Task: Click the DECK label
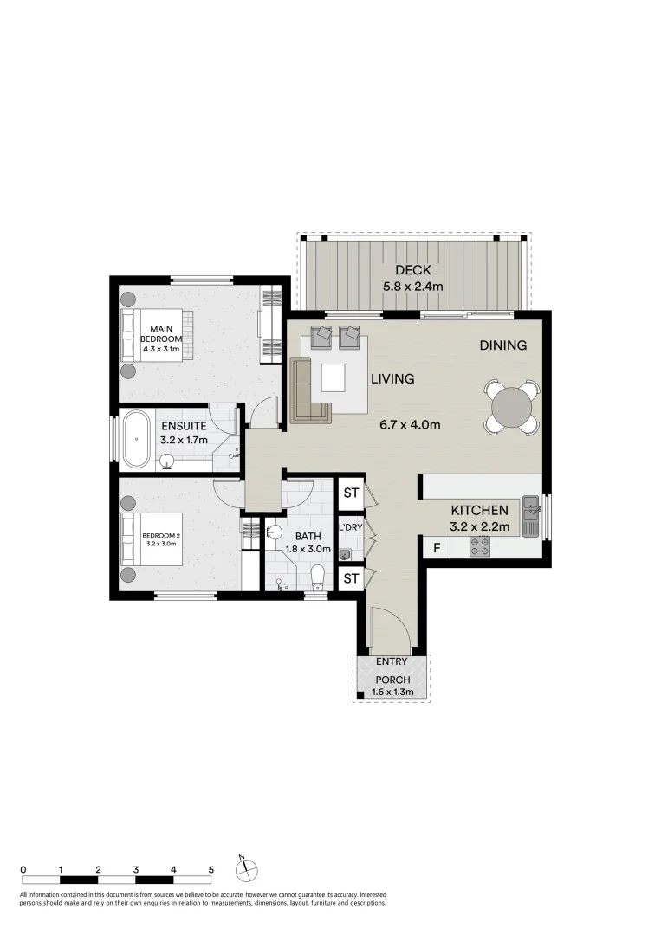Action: click(412, 271)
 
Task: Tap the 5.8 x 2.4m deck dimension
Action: click(412, 287)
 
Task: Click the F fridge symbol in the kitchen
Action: click(436, 548)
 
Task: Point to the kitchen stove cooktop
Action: click(479, 546)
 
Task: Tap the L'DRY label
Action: click(350, 527)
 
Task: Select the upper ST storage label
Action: click(351, 493)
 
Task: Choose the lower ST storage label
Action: click(351, 578)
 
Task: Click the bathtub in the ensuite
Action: click(137, 439)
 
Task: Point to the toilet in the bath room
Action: click(318, 576)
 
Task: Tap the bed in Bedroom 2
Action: click(153, 539)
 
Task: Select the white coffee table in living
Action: click(334, 377)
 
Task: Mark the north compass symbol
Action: click(247, 869)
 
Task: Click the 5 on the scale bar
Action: click(211, 868)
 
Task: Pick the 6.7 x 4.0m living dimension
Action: click(411, 425)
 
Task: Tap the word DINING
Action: click(503, 345)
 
